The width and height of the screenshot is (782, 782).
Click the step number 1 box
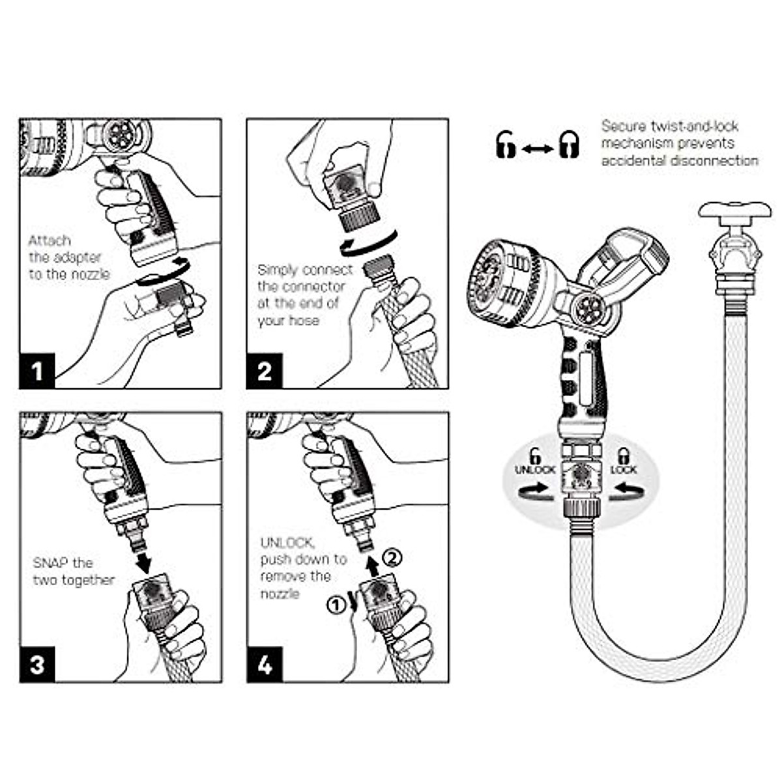pos(37,371)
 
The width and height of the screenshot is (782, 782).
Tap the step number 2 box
pos(264,371)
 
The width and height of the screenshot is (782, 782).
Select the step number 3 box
pos(37,664)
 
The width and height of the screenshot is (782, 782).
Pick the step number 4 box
pos(264,664)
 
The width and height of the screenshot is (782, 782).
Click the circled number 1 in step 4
pos(334,605)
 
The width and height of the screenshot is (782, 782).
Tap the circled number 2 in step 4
pos(391,557)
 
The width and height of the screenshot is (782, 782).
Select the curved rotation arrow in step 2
pos(365,244)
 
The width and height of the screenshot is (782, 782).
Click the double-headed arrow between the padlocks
pos(537,149)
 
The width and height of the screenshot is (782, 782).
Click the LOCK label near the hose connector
pos(623,470)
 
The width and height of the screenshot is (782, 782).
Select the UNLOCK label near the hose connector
pos(535,470)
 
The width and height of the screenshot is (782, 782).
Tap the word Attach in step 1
pos(50,240)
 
